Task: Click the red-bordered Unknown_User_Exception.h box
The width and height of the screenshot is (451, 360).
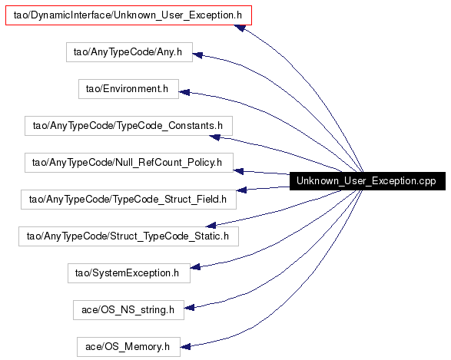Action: click(128, 15)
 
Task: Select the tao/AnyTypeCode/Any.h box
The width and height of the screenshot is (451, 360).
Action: click(129, 52)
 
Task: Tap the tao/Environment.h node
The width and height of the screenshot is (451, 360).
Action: click(128, 89)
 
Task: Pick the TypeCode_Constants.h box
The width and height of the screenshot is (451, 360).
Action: click(128, 126)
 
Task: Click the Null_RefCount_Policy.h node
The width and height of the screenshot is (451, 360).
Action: click(129, 163)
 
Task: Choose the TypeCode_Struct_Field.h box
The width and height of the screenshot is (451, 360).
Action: click(128, 200)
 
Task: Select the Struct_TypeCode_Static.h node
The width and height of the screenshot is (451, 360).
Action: click(128, 236)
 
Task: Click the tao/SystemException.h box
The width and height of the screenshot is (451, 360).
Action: click(129, 273)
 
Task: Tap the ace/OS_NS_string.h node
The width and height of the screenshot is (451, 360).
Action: click(128, 310)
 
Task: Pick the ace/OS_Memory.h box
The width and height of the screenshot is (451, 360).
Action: click(128, 347)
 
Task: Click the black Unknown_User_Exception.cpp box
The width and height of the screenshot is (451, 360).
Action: click(367, 181)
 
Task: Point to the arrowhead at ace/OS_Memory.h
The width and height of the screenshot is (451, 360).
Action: click(185, 346)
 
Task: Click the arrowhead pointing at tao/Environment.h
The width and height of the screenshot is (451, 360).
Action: click(184, 92)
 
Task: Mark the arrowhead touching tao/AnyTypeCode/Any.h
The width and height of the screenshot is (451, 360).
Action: click(197, 54)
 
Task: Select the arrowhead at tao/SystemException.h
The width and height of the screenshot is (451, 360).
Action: click(195, 267)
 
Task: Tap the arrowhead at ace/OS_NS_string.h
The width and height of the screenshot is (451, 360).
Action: click(189, 308)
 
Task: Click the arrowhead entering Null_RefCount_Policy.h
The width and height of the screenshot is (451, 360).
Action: click(238, 171)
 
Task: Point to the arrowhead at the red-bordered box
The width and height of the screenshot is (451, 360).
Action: click(240, 28)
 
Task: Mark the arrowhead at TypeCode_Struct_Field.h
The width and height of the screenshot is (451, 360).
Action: click(241, 190)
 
